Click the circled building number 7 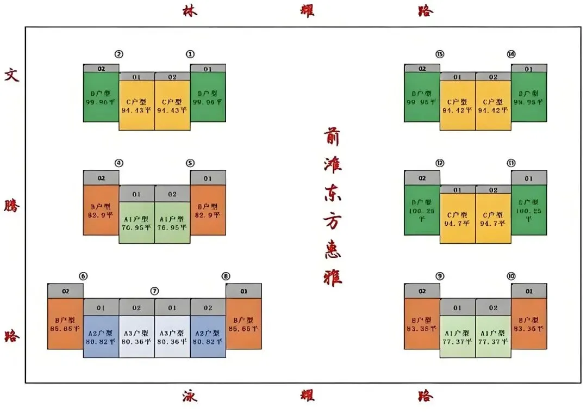[x=155, y=291]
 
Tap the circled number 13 [x=440, y=54]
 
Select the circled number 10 [x=511, y=276]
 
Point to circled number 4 [x=119, y=163]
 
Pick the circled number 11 [x=511, y=163]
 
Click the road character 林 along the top [x=190, y=11]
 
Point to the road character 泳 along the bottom [x=190, y=396]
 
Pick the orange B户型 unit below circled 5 [x=208, y=210]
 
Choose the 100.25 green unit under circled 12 [x=422, y=209]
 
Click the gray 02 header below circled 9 [x=422, y=292]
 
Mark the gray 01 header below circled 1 [x=208, y=69]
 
